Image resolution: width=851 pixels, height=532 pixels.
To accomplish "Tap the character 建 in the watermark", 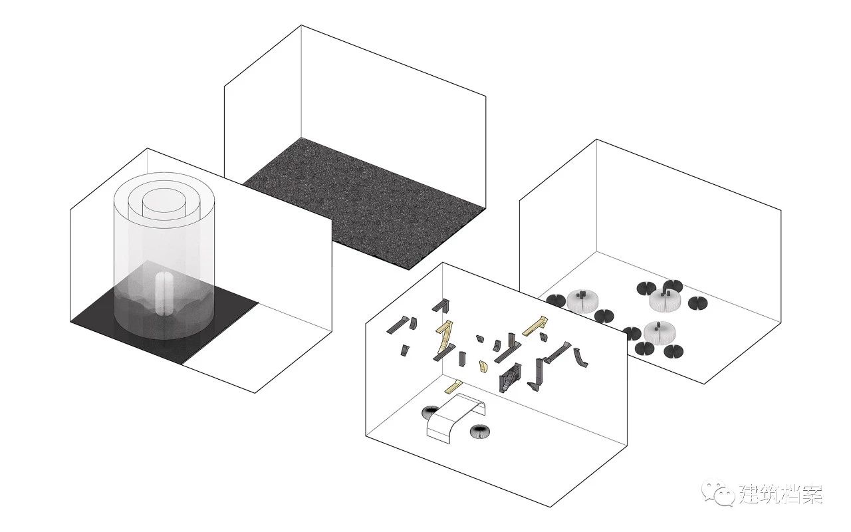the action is click(751, 494).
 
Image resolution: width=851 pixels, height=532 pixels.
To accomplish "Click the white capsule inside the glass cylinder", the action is click(164, 293).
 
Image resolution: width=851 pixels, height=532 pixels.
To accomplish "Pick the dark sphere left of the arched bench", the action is click(431, 412).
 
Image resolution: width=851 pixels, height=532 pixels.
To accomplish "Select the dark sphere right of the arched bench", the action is click(480, 431).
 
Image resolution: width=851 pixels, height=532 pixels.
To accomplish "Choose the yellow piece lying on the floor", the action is click(453, 386).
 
